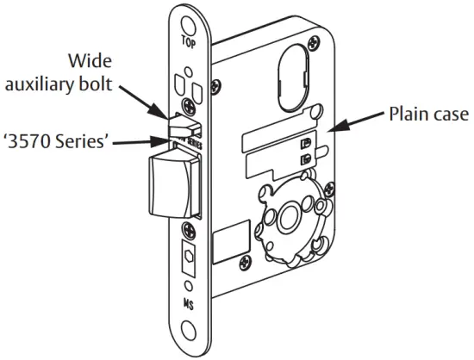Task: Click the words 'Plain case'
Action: coord(426,114)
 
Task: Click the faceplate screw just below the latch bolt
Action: coord(188,230)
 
